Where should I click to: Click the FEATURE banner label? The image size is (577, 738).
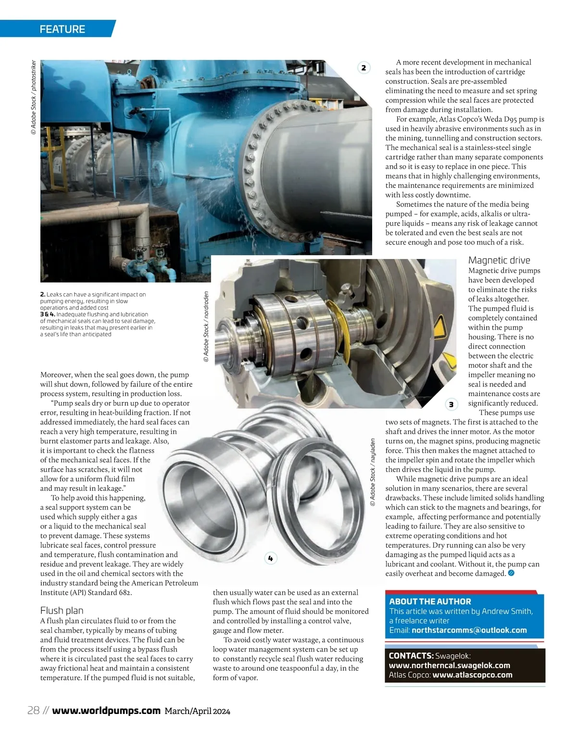click(62, 29)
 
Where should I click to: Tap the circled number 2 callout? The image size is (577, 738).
click(364, 68)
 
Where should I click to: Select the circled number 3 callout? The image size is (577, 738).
click(451, 404)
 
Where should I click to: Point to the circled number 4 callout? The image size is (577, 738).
click(271, 558)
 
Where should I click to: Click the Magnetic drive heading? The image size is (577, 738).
click(499, 261)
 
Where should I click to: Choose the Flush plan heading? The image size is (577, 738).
click(62, 611)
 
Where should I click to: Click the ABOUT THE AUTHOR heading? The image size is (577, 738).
click(430, 601)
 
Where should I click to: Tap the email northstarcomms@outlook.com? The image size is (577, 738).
click(469, 630)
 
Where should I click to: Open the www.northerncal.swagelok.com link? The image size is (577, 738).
click(449, 665)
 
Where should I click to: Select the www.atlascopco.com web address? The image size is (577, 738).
click(472, 675)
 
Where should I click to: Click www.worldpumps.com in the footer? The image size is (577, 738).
click(106, 711)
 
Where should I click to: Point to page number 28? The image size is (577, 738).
click(33, 711)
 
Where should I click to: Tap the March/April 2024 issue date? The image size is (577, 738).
click(197, 711)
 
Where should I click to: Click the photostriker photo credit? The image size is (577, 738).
click(34, 97)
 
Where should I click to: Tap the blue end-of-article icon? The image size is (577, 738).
click(511, 573)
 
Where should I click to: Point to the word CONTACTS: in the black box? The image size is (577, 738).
click(411, 656)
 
